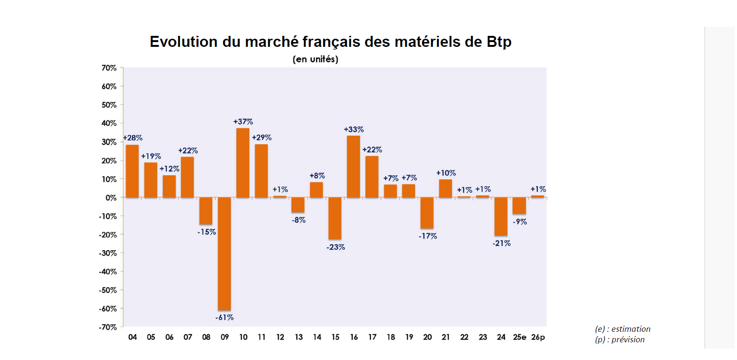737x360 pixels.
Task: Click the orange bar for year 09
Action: [224, 254]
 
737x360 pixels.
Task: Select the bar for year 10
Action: [243, 163]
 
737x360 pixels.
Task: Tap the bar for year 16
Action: [353, 166]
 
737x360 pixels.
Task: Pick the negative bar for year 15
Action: [335, 218]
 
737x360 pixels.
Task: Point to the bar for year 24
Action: [501, 216]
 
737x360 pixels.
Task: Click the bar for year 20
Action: [427, 213]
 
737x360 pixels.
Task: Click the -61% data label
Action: [224, 317]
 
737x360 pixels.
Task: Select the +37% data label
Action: [243, 121]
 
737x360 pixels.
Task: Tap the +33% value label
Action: [354, 129]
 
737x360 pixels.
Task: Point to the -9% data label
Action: [519, 221]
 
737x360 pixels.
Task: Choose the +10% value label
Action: [446, 173]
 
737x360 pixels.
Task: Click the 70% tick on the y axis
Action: [109, 68]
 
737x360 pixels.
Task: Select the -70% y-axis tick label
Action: [108, 327]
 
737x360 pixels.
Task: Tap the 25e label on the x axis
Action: [519, 337]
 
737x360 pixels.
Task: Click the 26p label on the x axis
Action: [538, 337]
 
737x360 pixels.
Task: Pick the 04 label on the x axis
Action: [132, 337]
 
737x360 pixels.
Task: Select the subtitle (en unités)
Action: [315, 59]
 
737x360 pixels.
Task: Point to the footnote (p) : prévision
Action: [619, 339]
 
